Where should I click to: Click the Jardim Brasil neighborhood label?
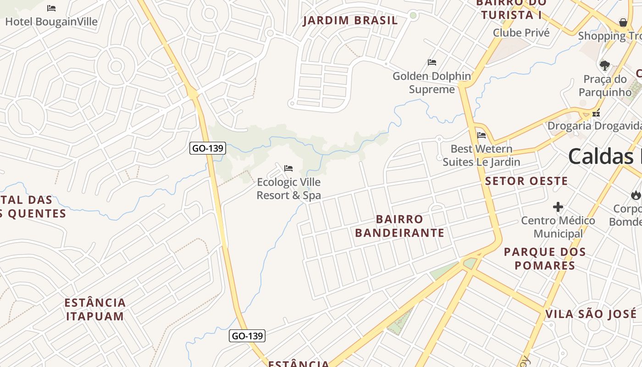(350, 21)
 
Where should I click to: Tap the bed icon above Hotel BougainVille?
(51, 8)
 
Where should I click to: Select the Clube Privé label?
(521, 33)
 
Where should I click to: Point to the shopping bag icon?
(623, 22)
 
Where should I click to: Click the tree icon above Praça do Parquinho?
(605, 65)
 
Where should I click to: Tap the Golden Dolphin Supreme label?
(432, 83)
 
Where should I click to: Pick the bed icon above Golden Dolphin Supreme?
(432, 62)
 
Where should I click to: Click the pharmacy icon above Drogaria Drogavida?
(596, 113)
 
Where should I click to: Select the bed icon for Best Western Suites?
(481, 135)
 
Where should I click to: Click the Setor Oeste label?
(526, 181)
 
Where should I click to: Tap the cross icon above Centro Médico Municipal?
(558, 207)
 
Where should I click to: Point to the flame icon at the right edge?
(636, 195)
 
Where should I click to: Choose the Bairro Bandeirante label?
(399, 226)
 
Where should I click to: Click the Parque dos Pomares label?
(545, 258)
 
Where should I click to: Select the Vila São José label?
(591, 314)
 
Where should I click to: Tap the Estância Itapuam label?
(95, 309)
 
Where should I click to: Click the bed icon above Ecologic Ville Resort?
(288, 168)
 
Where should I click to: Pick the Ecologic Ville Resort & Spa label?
(288, 189)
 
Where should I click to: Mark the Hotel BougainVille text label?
(51, 22)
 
